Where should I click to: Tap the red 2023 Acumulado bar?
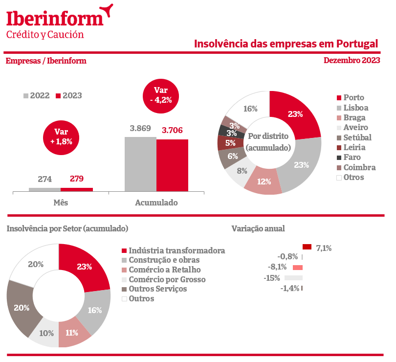coord(172,165)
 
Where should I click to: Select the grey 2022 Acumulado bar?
coord(140,164)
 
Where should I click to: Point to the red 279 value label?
coord(77,179)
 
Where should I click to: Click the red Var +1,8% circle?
coord(61,136)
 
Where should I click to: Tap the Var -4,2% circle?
coord(161,95)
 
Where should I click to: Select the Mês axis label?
coord(61,202)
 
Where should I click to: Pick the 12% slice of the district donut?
coord(264,182)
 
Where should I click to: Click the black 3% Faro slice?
coord(224,131)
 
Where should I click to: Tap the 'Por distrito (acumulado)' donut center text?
coord(268,141)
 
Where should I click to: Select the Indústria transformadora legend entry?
coord(173,250)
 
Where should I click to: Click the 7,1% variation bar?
coord(307,248)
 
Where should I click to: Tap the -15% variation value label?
coord(272,278)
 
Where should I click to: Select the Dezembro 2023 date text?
coord(352,61)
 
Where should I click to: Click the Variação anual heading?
coord(258,228)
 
